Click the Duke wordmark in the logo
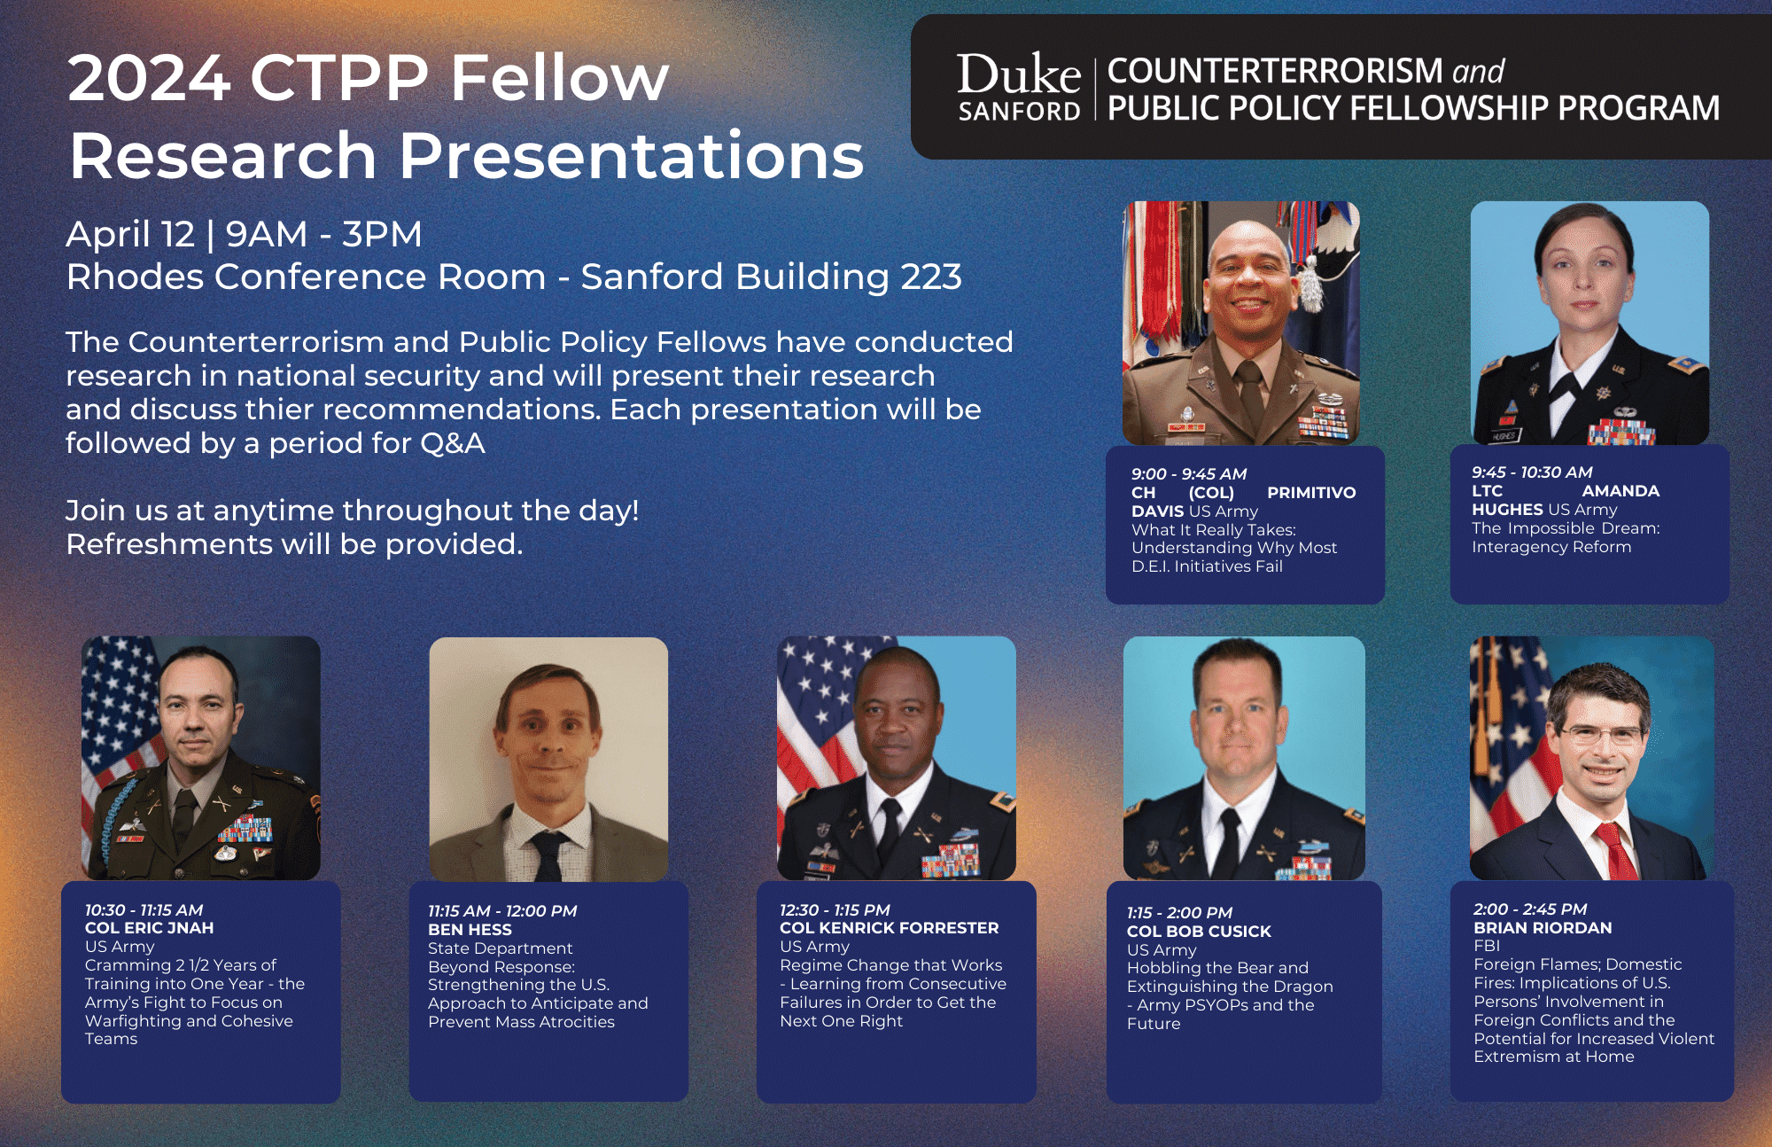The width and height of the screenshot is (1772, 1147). (1019, 74)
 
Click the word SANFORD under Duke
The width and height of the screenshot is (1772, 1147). (1019, 112)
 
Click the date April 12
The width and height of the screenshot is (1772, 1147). (130, 235)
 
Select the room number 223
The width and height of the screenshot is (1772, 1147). (931, 277)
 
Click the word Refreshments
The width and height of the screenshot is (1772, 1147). (169, 544)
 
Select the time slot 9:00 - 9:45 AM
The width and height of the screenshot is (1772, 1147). (1189, 474)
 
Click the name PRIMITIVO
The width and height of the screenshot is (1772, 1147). (1311, 493)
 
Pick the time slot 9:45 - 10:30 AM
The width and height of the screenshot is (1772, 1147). (1532, 472)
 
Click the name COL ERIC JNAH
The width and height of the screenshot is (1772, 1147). (149, 928)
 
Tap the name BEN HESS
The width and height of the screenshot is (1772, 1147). (470, 930)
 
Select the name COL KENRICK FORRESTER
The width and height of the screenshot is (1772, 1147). (890, 928)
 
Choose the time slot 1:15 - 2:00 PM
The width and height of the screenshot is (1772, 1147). (1179, 913)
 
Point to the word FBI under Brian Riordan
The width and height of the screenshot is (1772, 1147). (1487, 946)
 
